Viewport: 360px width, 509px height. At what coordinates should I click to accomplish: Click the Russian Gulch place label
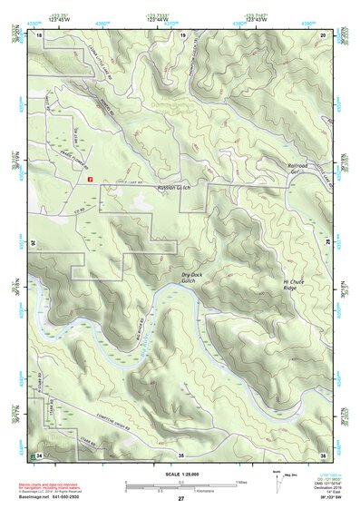[174, 188]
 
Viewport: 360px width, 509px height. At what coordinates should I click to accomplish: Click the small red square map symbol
[91, 179]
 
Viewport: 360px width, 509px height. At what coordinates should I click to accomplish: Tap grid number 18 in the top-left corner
[39, 34]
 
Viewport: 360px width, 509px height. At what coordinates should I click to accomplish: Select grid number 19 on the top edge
[184, 34]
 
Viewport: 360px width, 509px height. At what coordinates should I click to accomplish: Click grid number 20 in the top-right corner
[324, 34]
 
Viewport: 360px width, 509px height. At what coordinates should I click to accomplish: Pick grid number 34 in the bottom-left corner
[39, 454]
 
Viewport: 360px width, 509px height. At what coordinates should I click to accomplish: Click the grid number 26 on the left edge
[34, 243]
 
